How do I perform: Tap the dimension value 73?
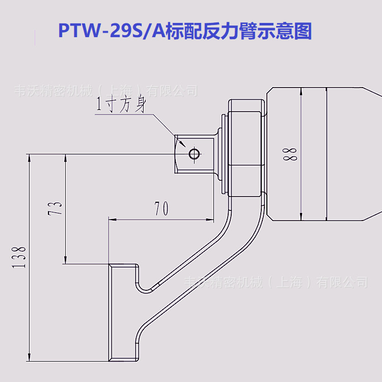click(58, 207)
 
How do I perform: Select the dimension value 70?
click(161, 208)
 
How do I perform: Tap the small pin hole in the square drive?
click(194, 153)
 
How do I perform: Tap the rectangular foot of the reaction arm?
click(123, 313)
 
